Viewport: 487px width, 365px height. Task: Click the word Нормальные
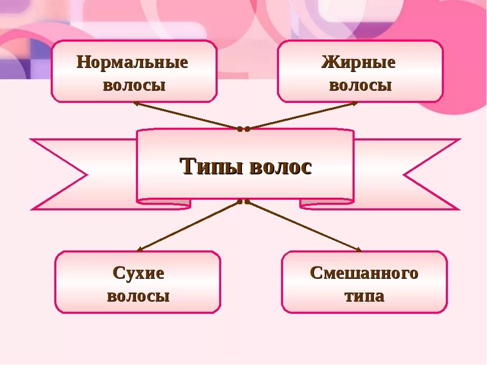coord(132,63)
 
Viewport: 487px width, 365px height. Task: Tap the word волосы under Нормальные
coord(134,85)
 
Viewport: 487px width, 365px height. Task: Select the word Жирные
coord(359,63)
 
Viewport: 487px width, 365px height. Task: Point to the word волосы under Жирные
coord(360,85)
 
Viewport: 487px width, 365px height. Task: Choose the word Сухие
coord(138,274)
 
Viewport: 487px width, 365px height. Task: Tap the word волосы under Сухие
coord(138,296)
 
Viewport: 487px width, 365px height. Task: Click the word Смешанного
coord(364,273)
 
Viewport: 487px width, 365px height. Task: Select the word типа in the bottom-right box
coord(364,296)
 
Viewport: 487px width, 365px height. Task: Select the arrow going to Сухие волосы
coord(188,226)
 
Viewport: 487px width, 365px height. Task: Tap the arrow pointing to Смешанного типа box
coord(304,226)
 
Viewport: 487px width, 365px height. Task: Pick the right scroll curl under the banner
coord(327,203)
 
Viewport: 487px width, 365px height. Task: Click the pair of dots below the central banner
coord(244,201)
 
